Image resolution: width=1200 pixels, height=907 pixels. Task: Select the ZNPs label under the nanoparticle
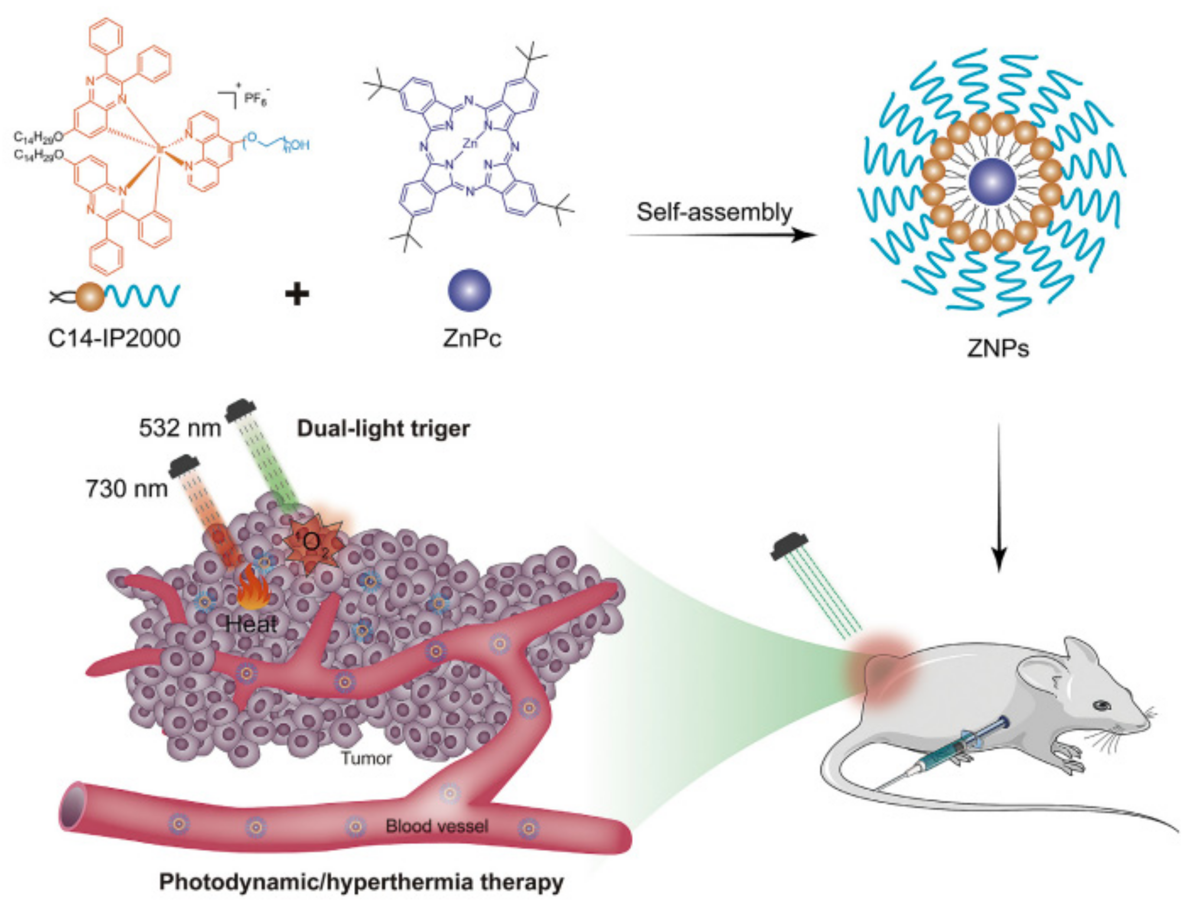(x=998, y=348)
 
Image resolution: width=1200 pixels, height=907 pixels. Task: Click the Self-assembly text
(x=714, y=212)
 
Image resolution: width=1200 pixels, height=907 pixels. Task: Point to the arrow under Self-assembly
(x=721, y=235)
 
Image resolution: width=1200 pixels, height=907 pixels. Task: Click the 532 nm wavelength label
(x=179, y=428)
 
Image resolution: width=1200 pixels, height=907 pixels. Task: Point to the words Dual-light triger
(x=383, y=428)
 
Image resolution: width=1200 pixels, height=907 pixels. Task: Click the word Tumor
(x=366, y=758)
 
